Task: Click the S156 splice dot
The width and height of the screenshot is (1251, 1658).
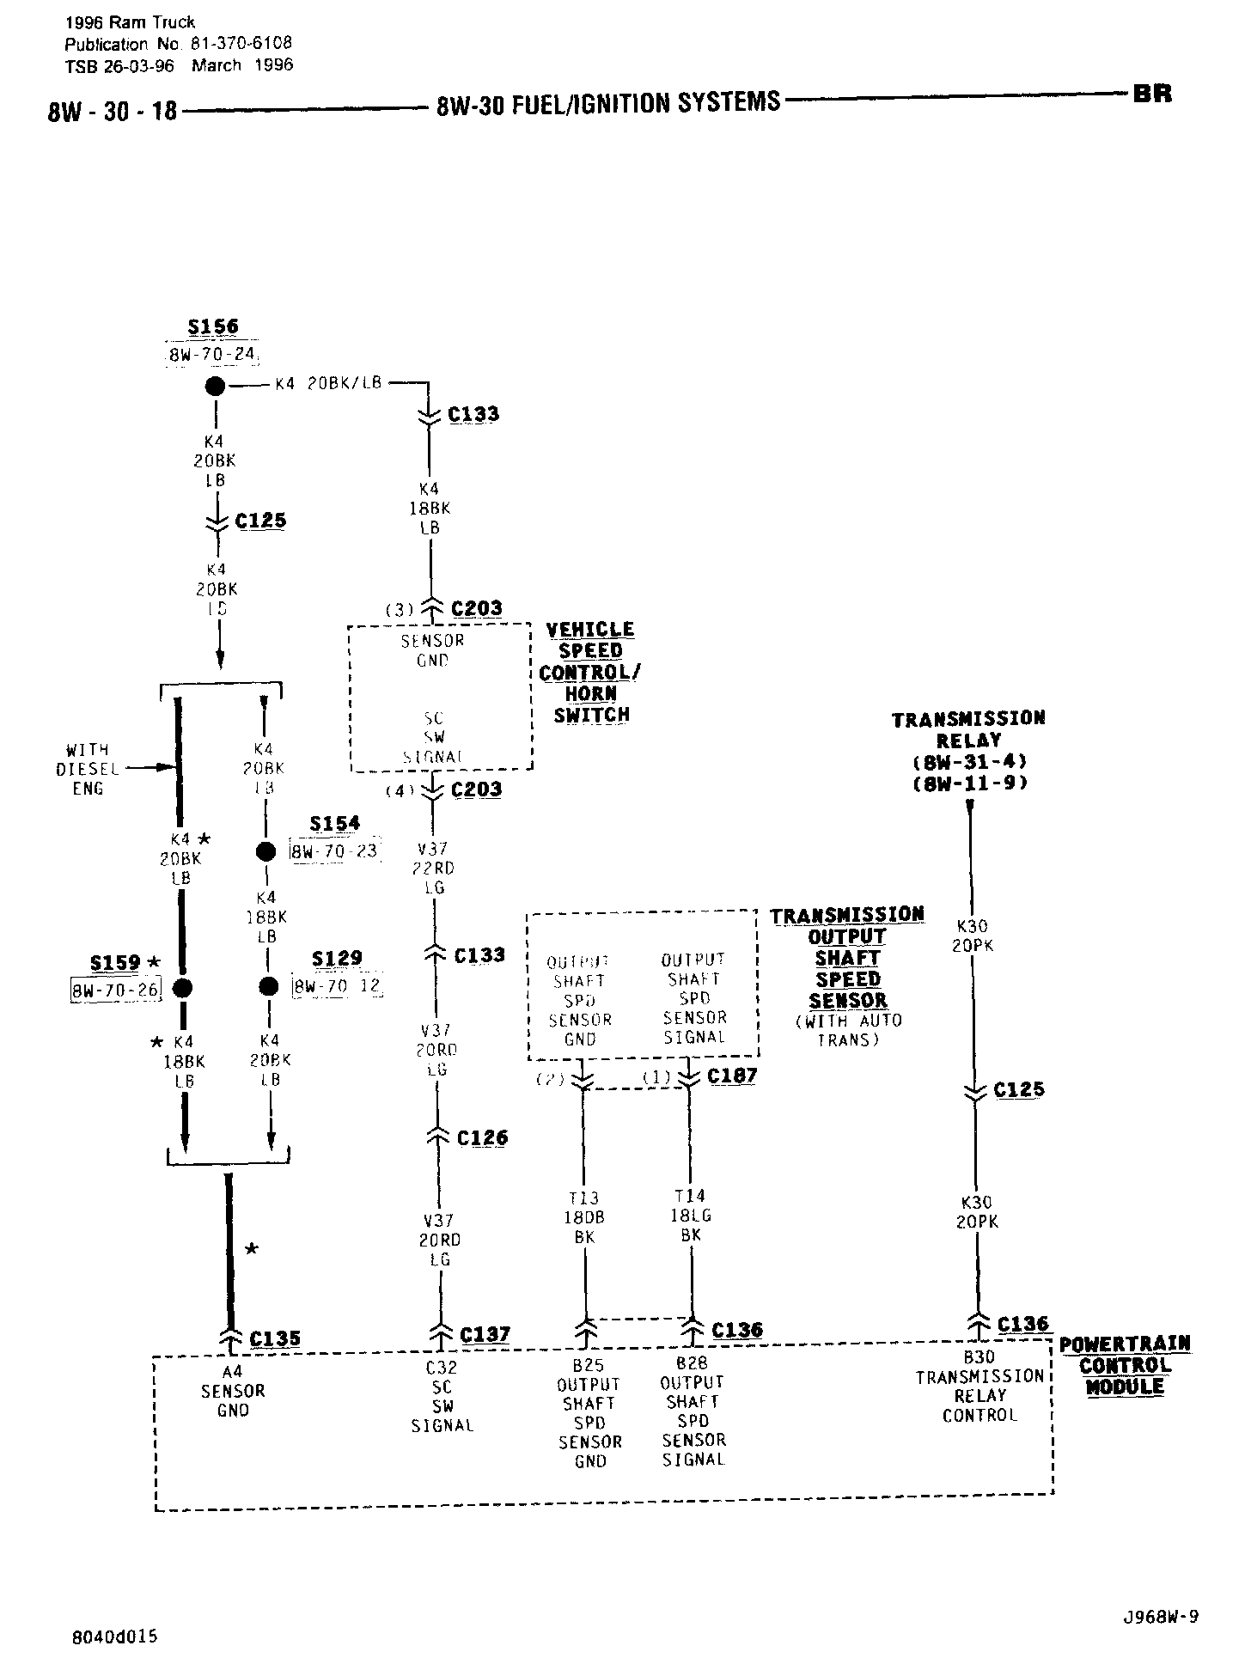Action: coord(214,386)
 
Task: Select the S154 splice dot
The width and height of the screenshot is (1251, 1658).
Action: coord(266,851)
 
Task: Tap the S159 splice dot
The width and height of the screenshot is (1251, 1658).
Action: coord(181,987)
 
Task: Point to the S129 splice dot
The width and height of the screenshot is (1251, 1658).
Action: coord(268,985)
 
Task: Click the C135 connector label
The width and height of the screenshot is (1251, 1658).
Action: coord(275,1338)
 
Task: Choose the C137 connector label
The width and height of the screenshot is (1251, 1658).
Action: coord(485,1334)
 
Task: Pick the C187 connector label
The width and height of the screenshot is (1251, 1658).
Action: coord(731,1076)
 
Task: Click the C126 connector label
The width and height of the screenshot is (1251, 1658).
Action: coord(482,1137)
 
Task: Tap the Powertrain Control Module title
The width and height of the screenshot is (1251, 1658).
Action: coord(1125,1365)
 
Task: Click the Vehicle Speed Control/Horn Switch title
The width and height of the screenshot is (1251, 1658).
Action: coord(590,672)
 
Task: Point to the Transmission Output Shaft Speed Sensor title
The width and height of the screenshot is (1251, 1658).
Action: coord(847,957)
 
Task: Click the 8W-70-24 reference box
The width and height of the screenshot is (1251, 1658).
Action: coord(212,354)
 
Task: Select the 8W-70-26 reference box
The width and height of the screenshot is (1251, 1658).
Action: coord(116,989)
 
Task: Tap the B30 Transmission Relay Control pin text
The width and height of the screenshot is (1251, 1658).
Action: coord(979,1386)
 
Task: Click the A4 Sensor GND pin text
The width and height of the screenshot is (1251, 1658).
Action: coord(233,1391)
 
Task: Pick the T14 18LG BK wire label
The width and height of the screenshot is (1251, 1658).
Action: coord(691,1216)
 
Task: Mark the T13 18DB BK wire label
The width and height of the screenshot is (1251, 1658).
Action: coord(584,1217)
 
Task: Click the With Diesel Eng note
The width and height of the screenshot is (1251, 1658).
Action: coord(87,768)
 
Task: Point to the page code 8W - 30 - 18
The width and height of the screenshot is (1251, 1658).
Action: coord(112,112)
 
